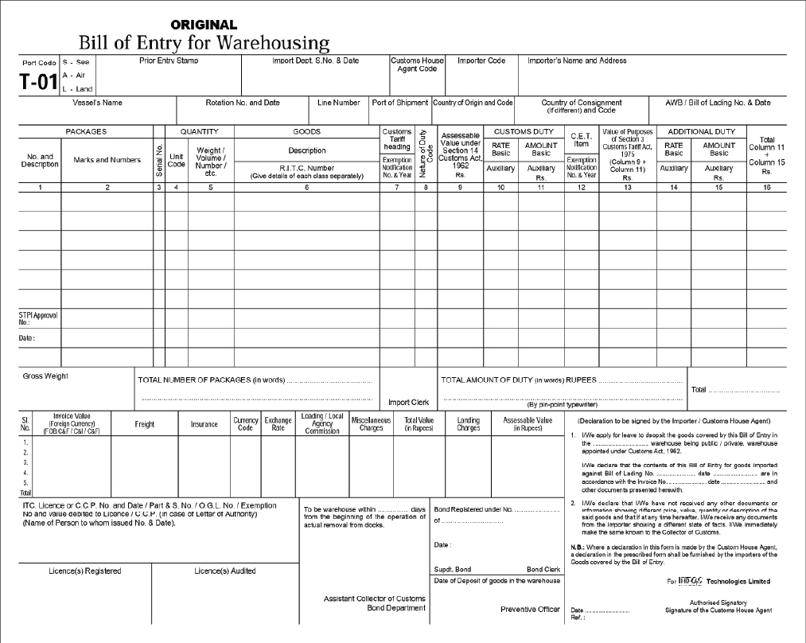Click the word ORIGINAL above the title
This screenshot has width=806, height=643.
pos(204,25)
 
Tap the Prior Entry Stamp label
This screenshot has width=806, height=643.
pos(169,60)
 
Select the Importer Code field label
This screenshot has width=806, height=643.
pos(481,60)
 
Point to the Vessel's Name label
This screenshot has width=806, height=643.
pos(97,103)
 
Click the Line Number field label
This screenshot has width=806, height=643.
pos(339,103)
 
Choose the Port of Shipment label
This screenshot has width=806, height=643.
pos(400,103)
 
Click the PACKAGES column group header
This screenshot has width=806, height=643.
pos(86,131)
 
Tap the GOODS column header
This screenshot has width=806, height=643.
pos(307,131)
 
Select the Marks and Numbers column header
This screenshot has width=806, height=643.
pos(107,160)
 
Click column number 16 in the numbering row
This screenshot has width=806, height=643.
pos(766,187)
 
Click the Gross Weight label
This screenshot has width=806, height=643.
pos(45,376)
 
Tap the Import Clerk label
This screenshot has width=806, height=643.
pos(408,402)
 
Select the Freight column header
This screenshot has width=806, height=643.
pos(144,424)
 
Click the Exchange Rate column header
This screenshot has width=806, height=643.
pos(278,424)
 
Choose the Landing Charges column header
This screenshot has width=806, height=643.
pos(469,424)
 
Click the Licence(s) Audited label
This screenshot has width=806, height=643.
pos(225,571)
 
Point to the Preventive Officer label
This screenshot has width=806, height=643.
pos(530,609)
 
